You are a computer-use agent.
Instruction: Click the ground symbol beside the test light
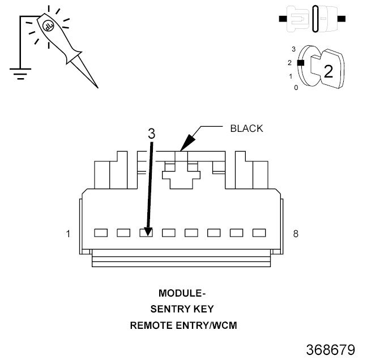pos(20,71)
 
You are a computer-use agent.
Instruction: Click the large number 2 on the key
pos(327,72)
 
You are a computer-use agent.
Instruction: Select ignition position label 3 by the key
pos(293,49)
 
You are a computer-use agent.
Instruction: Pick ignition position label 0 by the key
pos(296,88)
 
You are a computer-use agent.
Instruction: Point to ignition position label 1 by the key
pos(291,76)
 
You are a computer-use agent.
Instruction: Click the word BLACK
pos(246,128)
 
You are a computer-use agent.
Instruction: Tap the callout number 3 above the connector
pos(151,134)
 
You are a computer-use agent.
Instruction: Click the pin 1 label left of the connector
pos(69,233)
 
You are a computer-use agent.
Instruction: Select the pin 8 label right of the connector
pos(296,233)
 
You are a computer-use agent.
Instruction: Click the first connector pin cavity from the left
pos(101,233)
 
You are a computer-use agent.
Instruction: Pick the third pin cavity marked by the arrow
pos(146,233)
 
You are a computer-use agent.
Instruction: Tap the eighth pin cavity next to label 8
pos(259,233)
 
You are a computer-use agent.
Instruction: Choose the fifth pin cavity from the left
pos(191,233)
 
